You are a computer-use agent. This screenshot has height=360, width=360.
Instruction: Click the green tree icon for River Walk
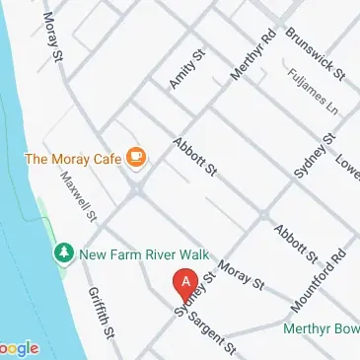point(63,253)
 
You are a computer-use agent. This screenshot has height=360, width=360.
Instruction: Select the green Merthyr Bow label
point(321,328)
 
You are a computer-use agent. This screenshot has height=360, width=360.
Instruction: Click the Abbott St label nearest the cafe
point(193,157)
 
